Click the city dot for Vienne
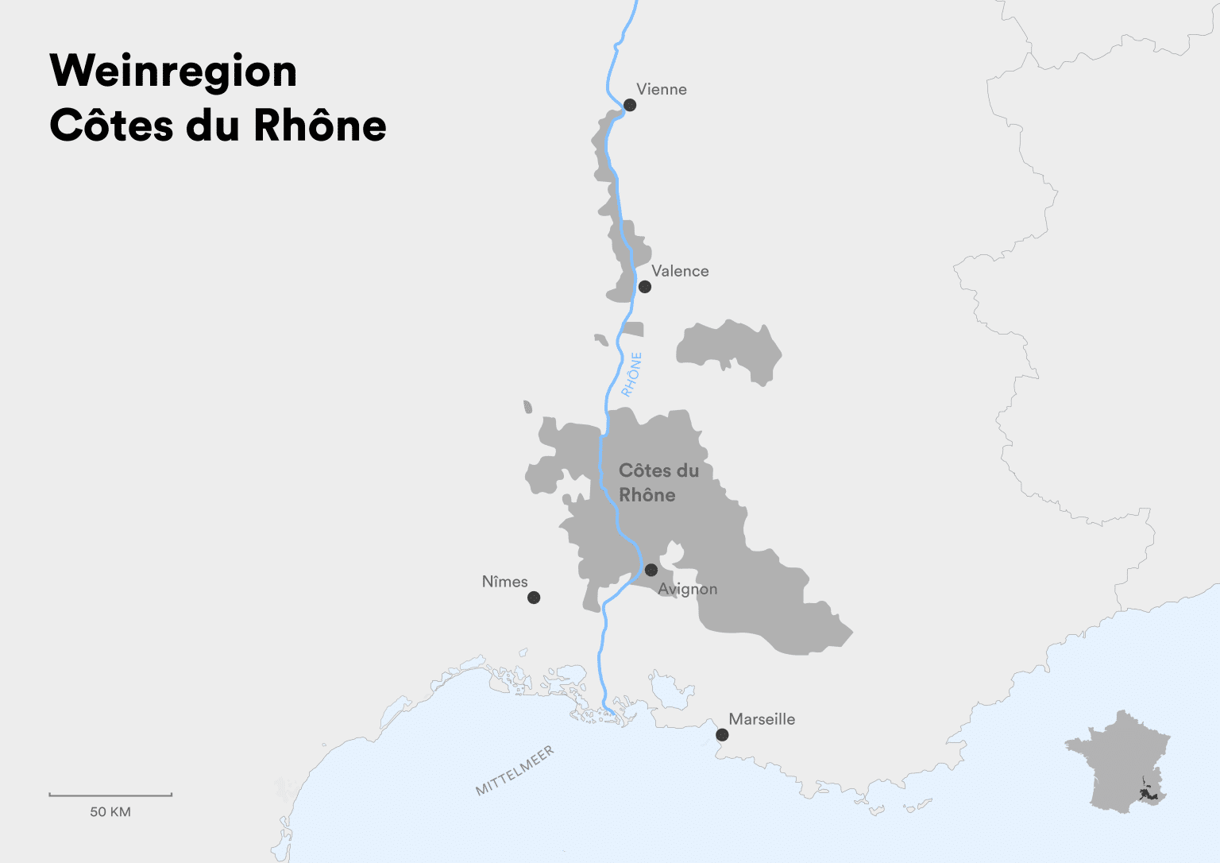point(630,105)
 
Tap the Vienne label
point(661,89)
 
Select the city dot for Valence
point(645,287)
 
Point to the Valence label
point(680,271)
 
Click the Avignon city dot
point(651,570)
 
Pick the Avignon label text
point(688,589)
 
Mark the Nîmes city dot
point(534,598)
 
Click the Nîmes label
point(504,582)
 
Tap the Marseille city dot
point(722,735)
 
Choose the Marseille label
point(762,719)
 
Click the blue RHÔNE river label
point(631,374)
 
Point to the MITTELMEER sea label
point(515,771)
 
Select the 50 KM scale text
point(110,812)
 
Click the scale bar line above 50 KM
point(110,795)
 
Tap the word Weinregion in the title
point(173,72)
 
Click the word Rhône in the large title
point(320,126)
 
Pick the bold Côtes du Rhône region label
point(658,482)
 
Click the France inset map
point(1116,763)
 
